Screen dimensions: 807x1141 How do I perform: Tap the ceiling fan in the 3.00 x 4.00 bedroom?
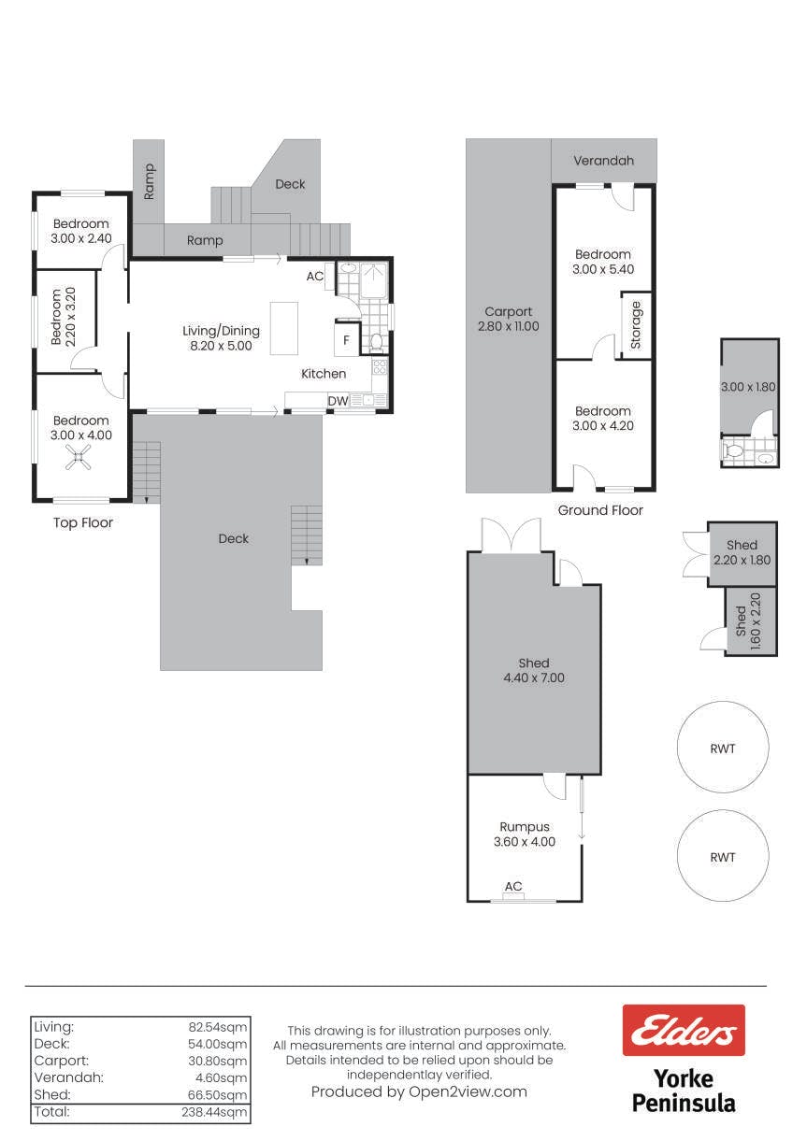78,457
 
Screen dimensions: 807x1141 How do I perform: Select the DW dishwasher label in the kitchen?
338,401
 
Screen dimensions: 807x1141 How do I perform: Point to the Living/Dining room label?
222,338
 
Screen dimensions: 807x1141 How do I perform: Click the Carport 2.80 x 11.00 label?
509,319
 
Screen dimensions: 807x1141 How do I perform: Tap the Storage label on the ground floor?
636,325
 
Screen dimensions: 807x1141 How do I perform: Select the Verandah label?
603,161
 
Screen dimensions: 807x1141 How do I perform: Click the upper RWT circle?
723,748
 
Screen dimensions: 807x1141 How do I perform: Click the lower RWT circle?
723,856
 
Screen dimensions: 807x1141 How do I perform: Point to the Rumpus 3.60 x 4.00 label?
524,834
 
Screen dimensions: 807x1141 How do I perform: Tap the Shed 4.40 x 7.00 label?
534,670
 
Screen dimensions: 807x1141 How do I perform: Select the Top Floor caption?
83,522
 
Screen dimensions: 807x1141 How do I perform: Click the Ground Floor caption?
600,510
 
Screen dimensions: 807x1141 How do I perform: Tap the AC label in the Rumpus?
513,886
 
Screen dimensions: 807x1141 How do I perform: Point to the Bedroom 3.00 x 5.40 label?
603,262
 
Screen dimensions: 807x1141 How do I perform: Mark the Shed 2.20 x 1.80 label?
742,552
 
